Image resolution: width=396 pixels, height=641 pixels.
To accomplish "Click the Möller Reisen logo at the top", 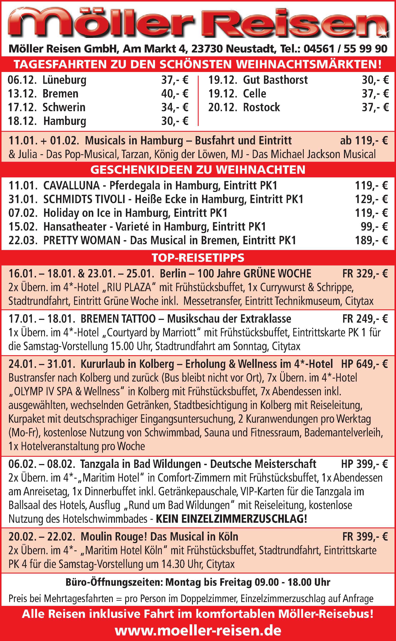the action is tap(198, 23).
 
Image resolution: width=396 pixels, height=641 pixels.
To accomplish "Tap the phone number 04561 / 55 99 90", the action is tap(345, 49).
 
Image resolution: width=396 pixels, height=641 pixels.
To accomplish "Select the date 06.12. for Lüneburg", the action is tap(22, 80).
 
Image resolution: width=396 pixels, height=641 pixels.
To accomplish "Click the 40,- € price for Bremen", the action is tap(175, 94).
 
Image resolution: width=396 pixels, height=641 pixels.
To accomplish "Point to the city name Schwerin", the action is tap(64, 107).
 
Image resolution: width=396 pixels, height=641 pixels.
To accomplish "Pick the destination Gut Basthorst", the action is tap(275, 80).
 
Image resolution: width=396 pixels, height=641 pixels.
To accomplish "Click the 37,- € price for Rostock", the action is tap(375, 107).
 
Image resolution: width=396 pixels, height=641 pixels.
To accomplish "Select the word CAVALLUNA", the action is tap(71, 186).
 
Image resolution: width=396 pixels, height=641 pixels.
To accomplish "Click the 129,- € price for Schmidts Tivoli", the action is tap(371, 199).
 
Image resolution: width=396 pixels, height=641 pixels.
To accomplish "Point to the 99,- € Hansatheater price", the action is tap(374, 226).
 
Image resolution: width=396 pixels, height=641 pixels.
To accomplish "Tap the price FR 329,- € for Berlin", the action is tap(365, 273).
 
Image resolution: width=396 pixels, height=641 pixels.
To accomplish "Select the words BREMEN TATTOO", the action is tap(118, 319).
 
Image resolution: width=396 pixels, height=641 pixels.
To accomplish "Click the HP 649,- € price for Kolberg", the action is tap(364, 364).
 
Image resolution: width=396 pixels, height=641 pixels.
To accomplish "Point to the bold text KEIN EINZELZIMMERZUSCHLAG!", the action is tap(231, 519).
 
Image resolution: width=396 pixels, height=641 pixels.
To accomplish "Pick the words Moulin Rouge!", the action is tap(114, 537).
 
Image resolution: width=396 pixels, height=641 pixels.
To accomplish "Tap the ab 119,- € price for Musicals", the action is tap(364, 141).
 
